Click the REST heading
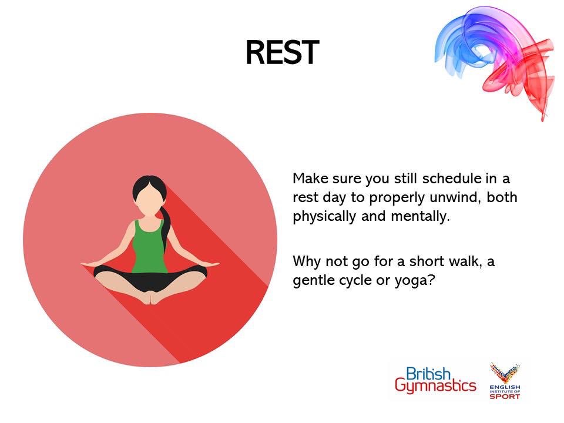282,53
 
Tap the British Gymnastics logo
435,380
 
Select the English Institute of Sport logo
505,381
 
